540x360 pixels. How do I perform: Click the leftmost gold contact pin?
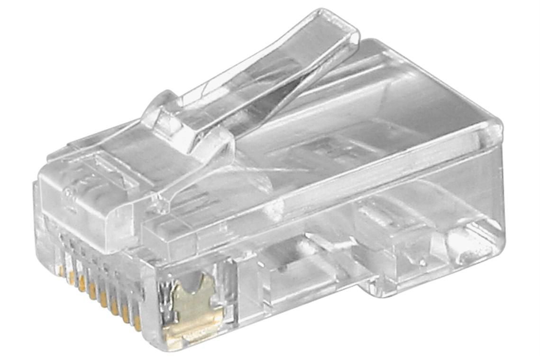coord(62,270)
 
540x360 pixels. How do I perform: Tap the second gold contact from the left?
coord(72,277)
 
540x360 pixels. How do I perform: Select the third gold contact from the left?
coord(82,284)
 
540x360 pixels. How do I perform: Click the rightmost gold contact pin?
coord(137,322)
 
